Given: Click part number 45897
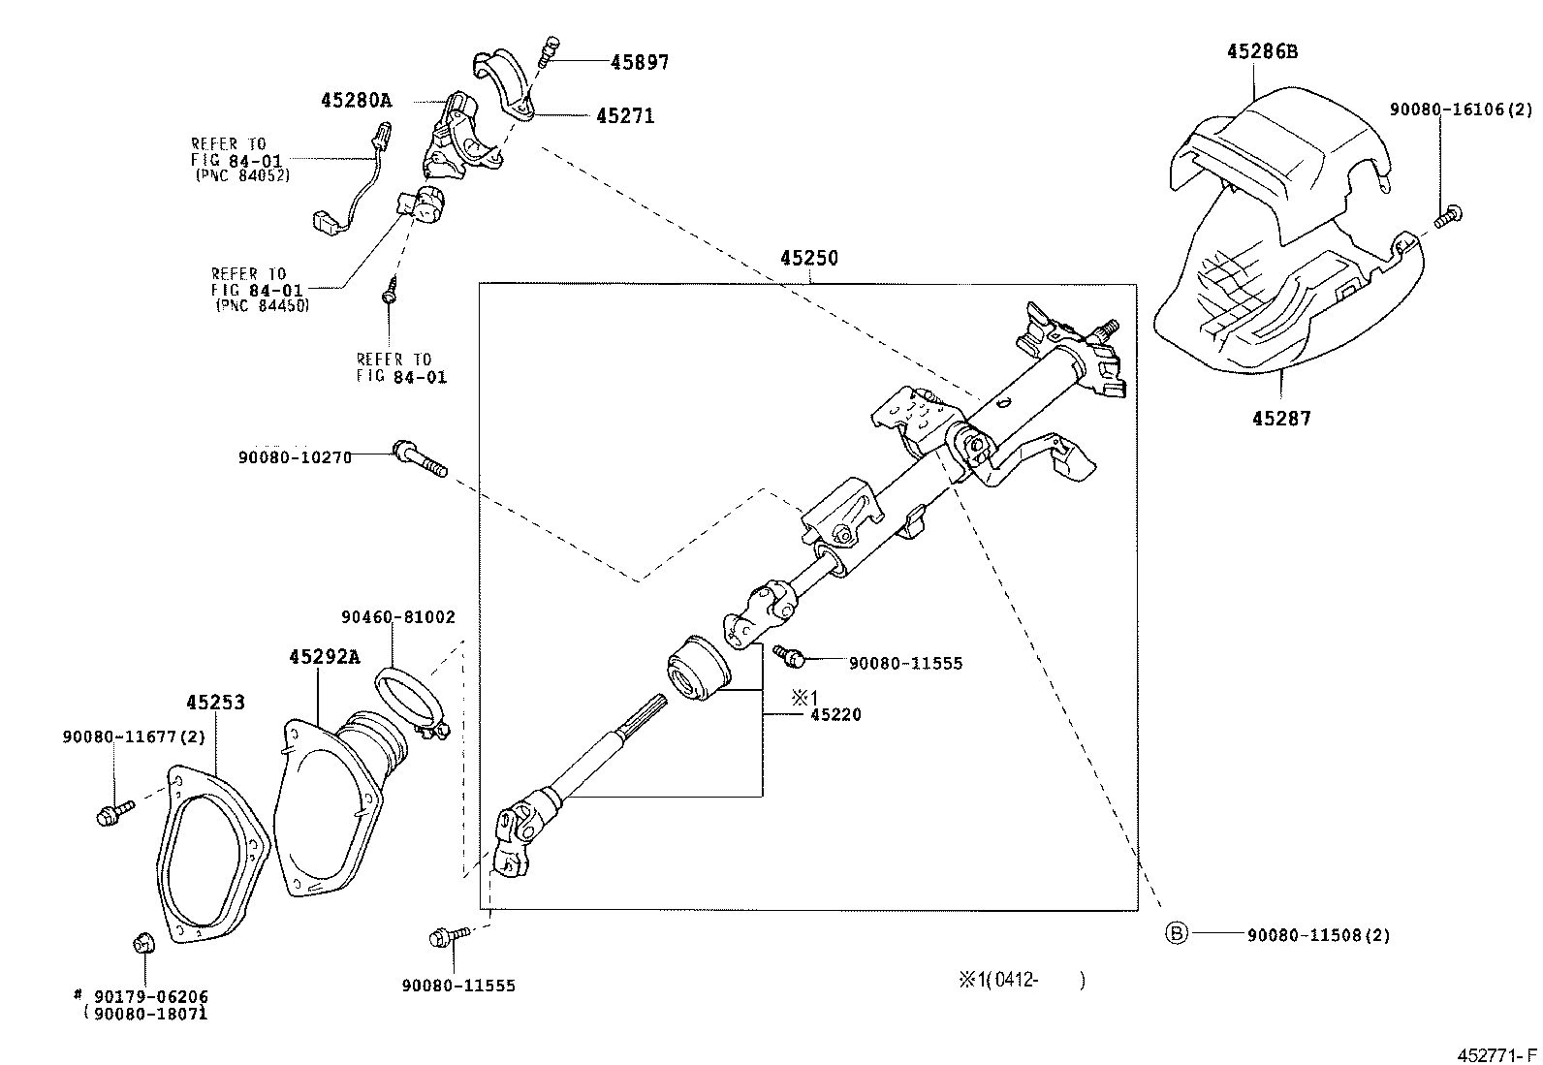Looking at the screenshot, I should click(x=639, y=62).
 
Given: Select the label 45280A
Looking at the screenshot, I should click(x=356, y=100).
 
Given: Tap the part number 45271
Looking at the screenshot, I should click(x=625, y=116).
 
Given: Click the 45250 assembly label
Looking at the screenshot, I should click(x=808, y=259).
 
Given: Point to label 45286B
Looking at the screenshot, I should click(x=1261, y=52).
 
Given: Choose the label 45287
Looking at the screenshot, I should click(x=1280, y=419).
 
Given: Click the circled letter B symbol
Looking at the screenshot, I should click(x=1175, y=933).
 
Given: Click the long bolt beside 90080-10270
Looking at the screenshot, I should click(x=420, y=458).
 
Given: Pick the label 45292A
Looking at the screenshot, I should click(x=324, y=657).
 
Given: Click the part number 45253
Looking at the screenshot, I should click(x=215, y=703).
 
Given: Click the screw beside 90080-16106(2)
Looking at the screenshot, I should click(x=1449, y=216).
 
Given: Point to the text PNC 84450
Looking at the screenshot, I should click(x=261, y=305).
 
